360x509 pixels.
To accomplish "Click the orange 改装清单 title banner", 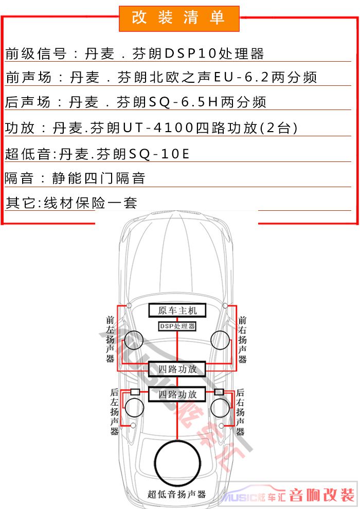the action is (179, 19).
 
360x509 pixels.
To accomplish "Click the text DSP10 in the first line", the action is (191, 53).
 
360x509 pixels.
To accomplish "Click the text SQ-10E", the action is (159, 153).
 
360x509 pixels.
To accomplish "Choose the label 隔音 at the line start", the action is (19, 178).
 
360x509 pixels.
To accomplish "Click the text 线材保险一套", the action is (91, 203).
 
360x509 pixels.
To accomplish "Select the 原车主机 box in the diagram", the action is (177, 311).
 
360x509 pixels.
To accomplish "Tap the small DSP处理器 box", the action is (177, 326).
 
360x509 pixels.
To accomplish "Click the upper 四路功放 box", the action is (177, 369).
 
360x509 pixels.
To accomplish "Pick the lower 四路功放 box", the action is (177, 394).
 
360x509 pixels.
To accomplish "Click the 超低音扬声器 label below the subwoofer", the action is (176, 494).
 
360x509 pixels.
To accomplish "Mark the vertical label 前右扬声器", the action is (242, 339).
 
